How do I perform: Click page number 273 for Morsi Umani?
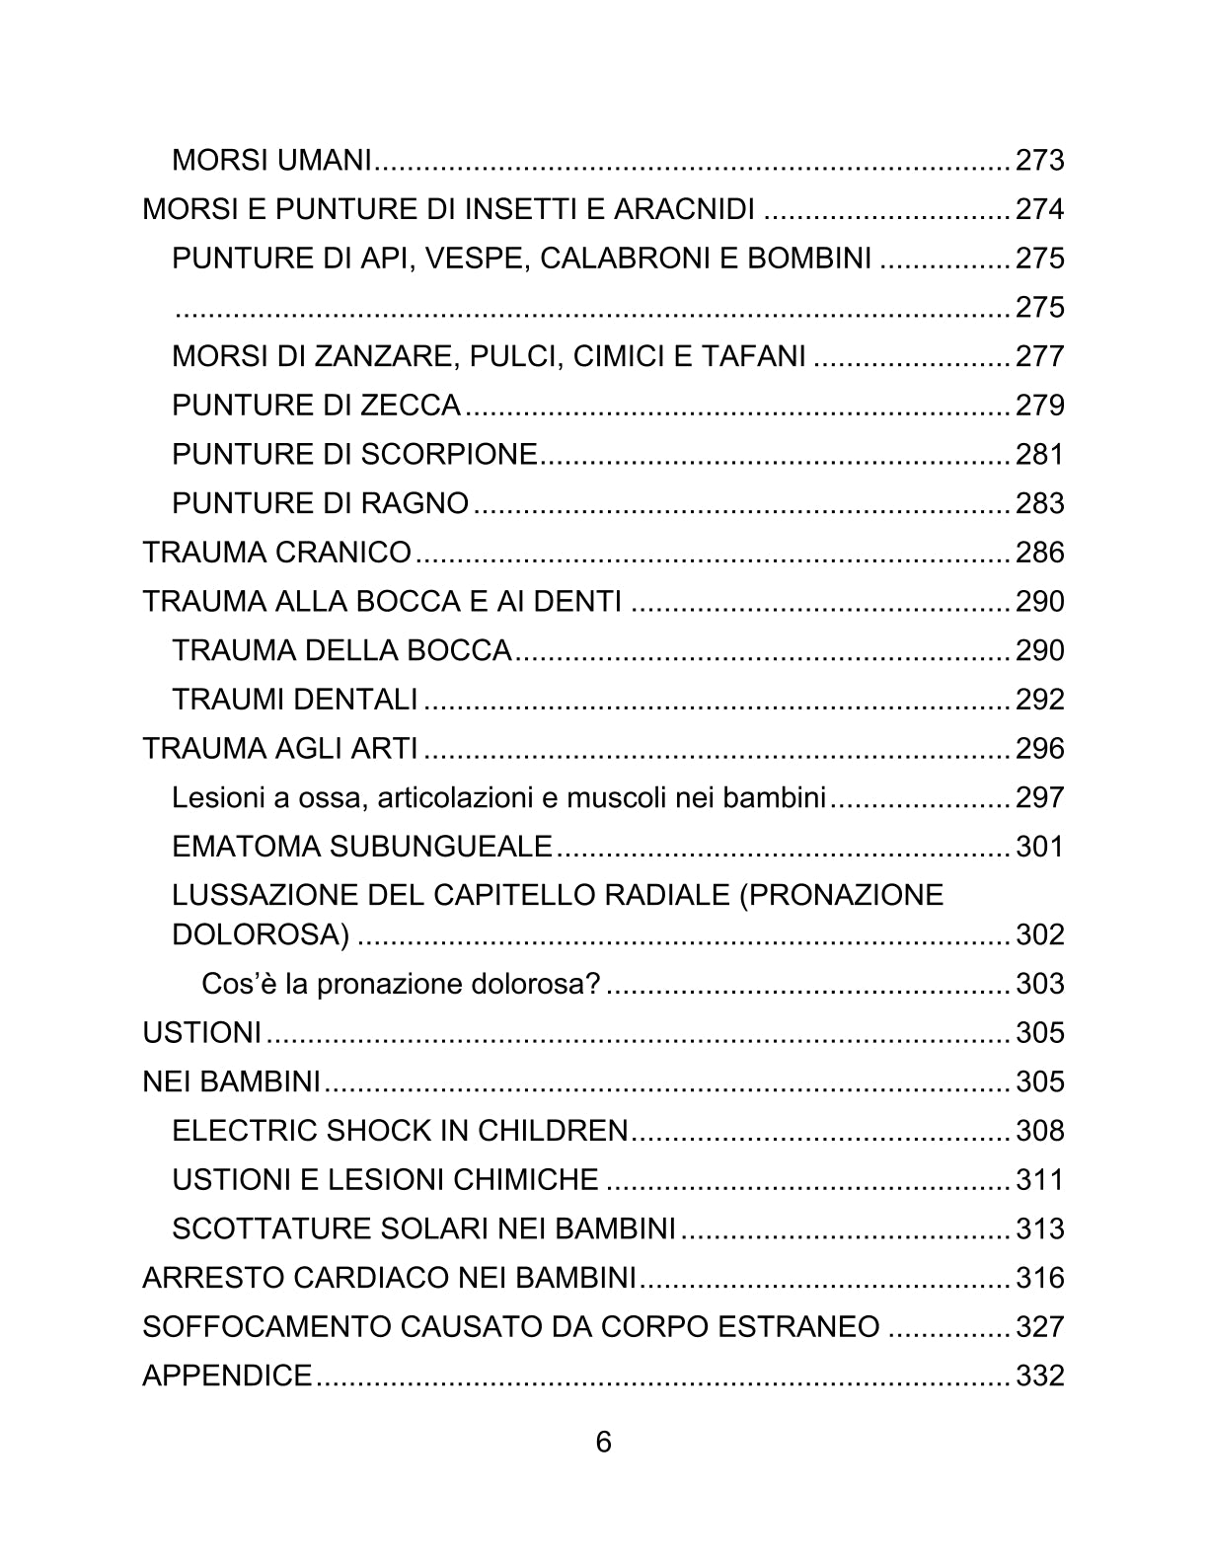pyautogui.click(x=1039, y=160)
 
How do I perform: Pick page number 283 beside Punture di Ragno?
pyautogui.click(x=1039, y=503)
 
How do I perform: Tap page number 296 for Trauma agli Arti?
pyautogui.click(x=1039, y=749)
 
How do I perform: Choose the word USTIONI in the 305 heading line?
pyautogui.click(x=201, y=1033)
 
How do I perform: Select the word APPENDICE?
pyautogui.click(x=227, y=1376)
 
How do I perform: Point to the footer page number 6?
pyautogui.click(x=603, y=1442)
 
